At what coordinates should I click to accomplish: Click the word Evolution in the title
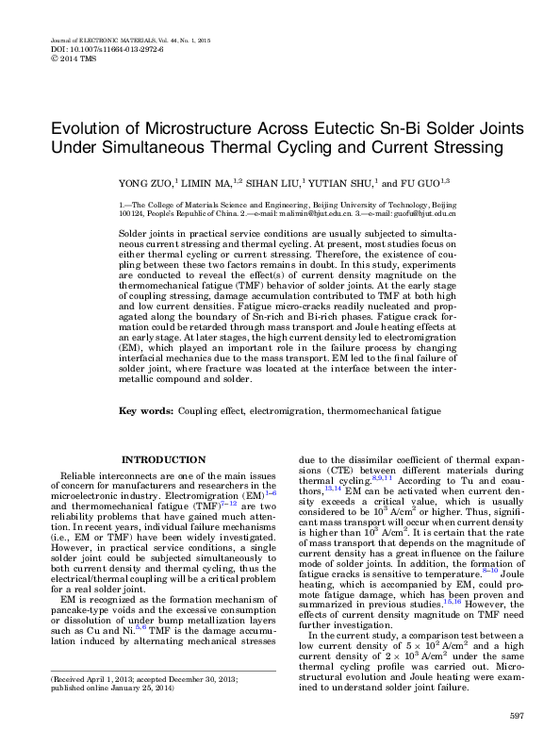(90, 129)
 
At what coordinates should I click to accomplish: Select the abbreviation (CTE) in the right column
(316, 469)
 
